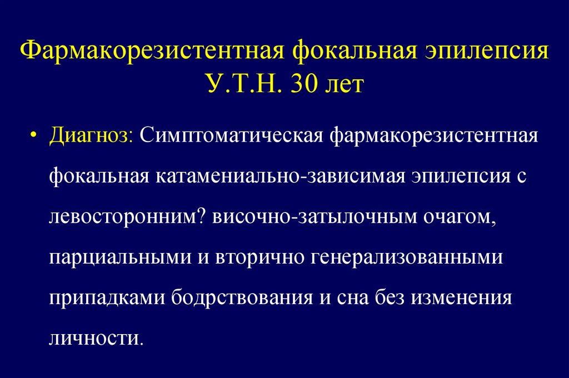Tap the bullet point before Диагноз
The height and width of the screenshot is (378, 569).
pyautogui.click(x=34, y=137)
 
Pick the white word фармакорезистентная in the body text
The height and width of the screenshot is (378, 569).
pyautogui.click(x=435, y=137)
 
